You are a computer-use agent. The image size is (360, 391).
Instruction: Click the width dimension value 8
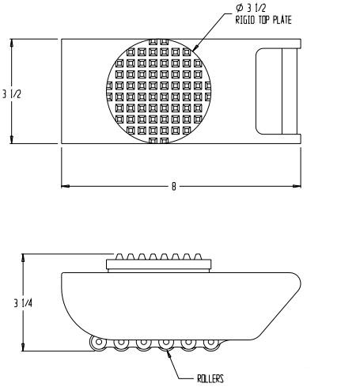pos(173,186)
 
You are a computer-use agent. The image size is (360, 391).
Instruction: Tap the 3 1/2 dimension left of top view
pos(11,94)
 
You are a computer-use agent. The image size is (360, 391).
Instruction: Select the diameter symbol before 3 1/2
pos(239,8)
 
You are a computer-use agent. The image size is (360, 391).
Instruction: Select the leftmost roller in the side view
pos(97,343)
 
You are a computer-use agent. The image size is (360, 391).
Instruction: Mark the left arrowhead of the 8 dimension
pos(66,186)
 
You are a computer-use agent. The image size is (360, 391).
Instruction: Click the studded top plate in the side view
pos(157,264)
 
